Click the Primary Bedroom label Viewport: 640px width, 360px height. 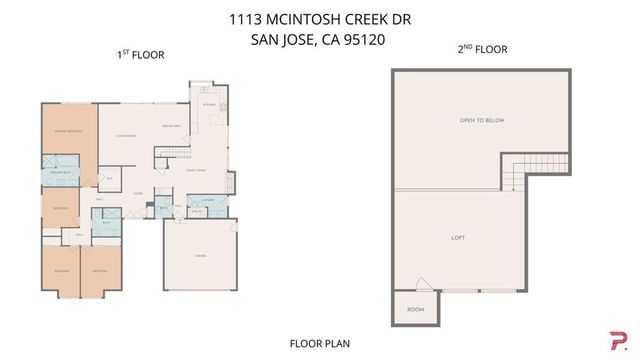click(68, 131)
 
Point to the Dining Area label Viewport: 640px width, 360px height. click(172, 125)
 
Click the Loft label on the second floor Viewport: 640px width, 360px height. click(459, 237)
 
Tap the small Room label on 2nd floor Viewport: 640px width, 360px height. click(414, 310)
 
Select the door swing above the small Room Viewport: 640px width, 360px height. click(424, 283)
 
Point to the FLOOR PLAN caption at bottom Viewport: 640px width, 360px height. click(320, 343)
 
